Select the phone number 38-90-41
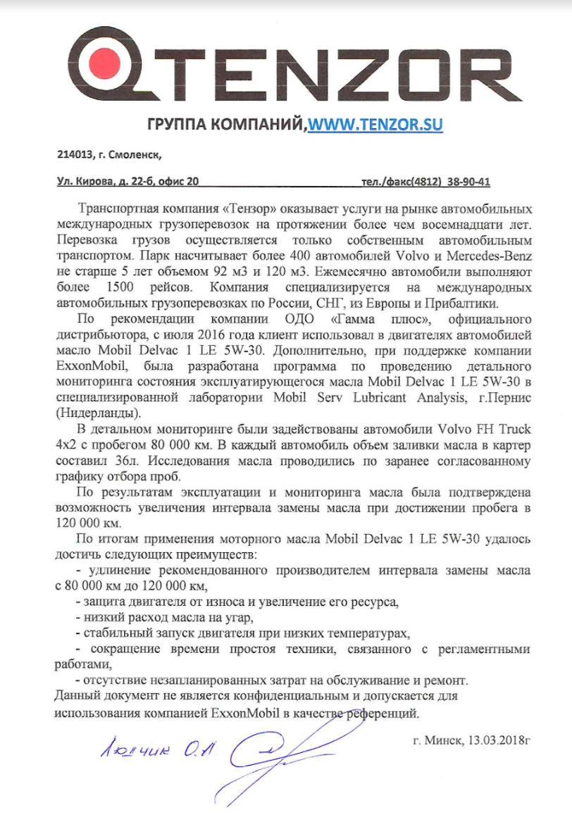[x=468, y=182]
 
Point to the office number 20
[x=192, y=182]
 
